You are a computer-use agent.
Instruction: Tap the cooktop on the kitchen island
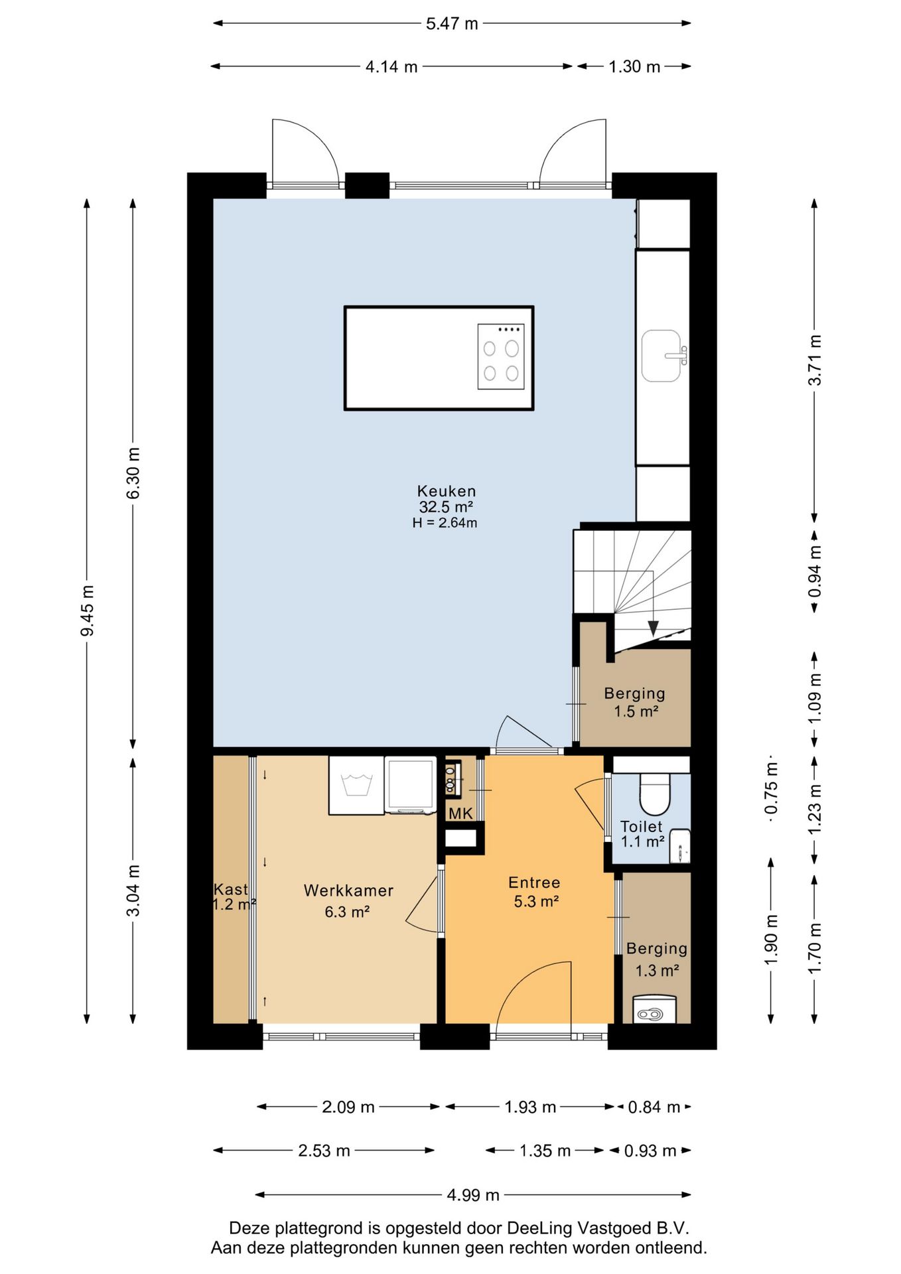click(501, 356)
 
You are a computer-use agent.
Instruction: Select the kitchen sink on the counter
click(662, 356)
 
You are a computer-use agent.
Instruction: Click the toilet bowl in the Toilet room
click(655, 793)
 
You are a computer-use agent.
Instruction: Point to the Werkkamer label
click(348, 890)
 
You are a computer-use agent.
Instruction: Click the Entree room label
click(534, 883)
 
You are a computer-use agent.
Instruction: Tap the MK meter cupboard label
click(460, 814)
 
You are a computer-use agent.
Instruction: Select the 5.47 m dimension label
click(452, 24)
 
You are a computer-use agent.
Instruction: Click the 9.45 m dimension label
click(87, 610)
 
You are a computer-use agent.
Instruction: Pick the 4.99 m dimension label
click(473, 1195)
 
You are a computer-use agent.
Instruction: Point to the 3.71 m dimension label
click(815, 360)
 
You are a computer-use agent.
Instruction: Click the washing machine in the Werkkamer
click(356, 785)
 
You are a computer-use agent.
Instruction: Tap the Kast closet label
click(230, 889)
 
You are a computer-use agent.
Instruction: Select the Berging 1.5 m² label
click(635, 703)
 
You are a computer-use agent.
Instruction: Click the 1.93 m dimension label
click(530, 1107)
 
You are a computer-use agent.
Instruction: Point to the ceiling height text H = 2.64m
click(445, 523)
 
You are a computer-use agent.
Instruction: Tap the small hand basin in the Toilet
click(680, 846)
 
